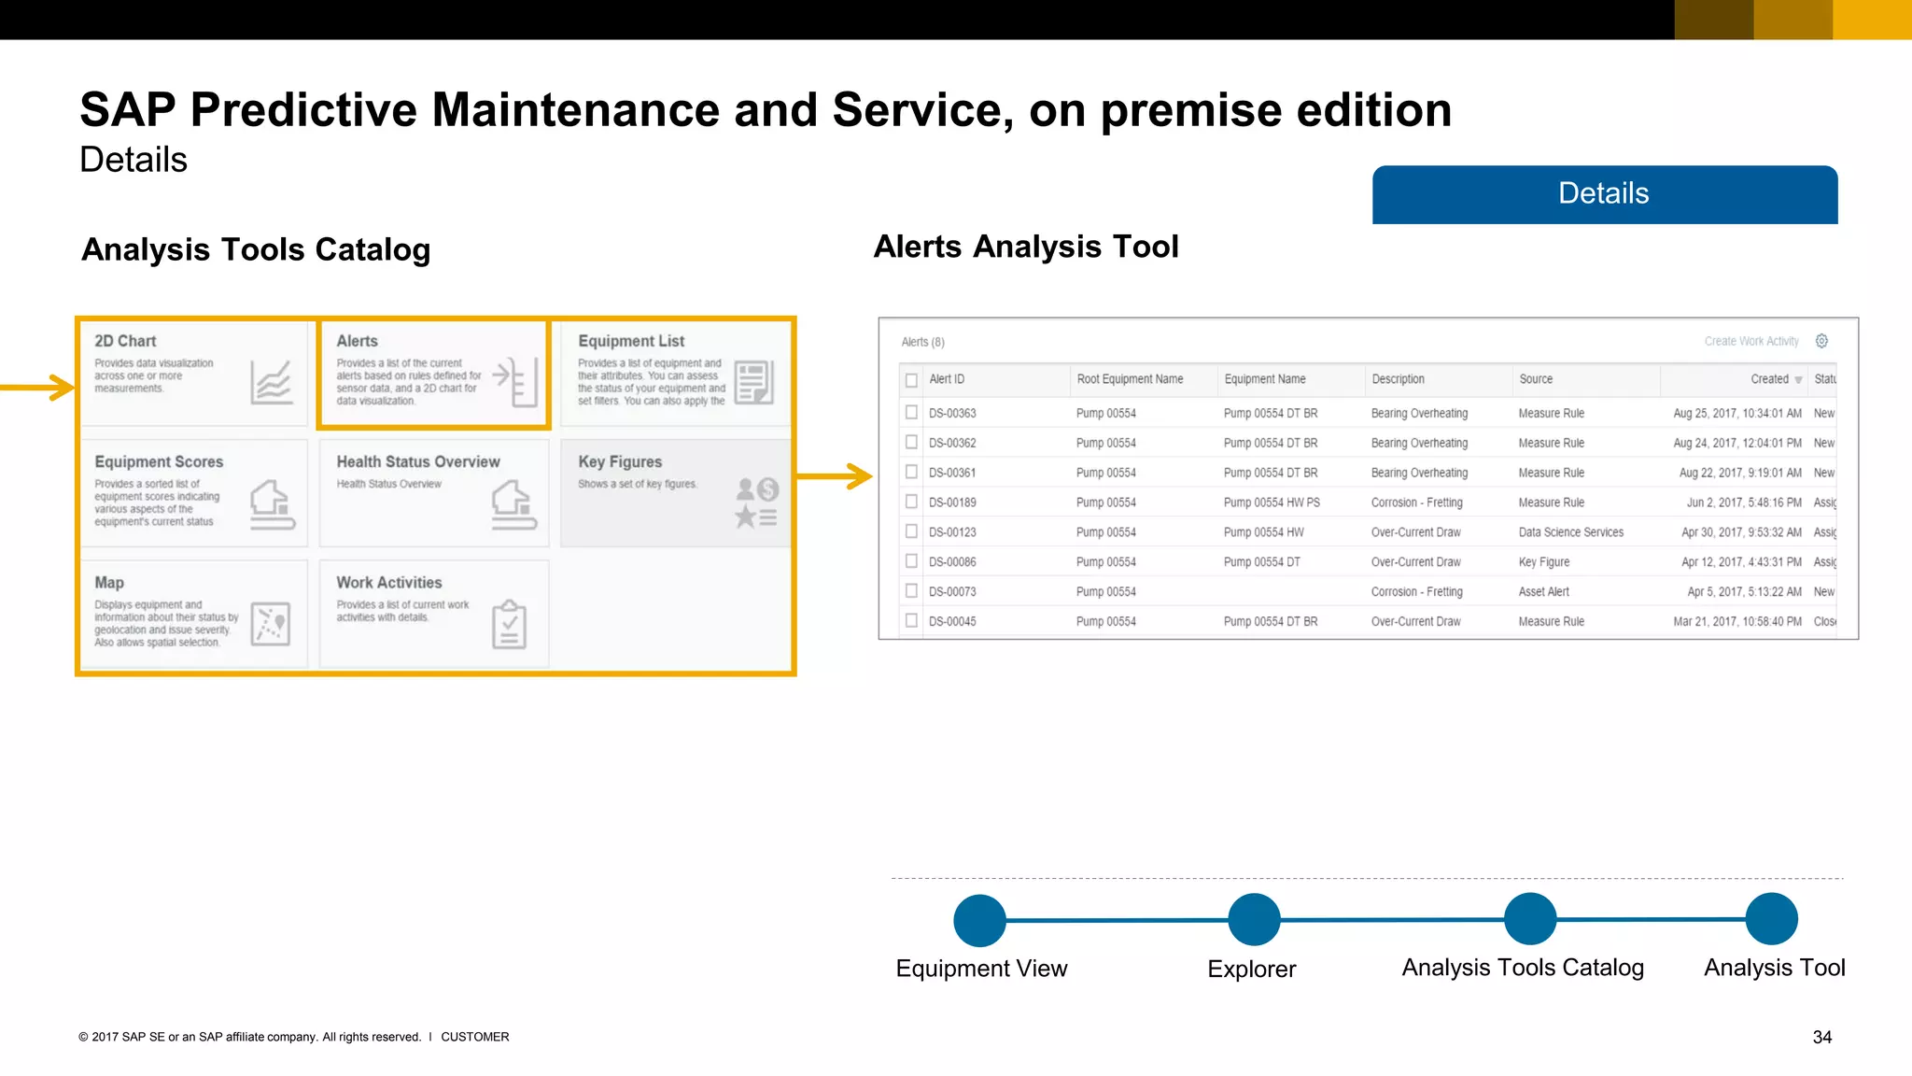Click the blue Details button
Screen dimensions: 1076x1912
[x=1604, y=194]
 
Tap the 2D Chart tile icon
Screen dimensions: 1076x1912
[x=272, y=382]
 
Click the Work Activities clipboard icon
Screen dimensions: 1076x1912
[x=509, y=624]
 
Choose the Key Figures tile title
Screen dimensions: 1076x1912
[x=620, y=461]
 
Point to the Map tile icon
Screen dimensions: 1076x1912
[x=271, y=624]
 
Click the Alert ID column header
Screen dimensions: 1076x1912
[x=947, y=379]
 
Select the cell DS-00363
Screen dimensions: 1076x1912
[x=952, y=413]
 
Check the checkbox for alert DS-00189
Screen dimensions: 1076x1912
[x=911, y=502]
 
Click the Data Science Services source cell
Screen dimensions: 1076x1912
[x=1570, y=532]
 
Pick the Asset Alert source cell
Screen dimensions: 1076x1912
[x=1543, y=591]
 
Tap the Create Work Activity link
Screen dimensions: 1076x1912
[x=1750, y=342]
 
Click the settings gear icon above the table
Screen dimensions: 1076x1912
[x=1821, y=341]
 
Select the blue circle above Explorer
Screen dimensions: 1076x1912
[x=1253, y=919]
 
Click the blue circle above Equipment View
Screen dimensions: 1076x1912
[x=979, y=920]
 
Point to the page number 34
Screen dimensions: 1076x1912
[x=1821, y=1037]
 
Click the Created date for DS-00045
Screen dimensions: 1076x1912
[x=1736, y=621]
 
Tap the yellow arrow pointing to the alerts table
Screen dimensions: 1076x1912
[x=835, y=476]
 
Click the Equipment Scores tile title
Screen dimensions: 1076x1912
[x=159, y=461]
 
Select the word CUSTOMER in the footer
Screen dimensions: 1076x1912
[x=474, y=1037]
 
